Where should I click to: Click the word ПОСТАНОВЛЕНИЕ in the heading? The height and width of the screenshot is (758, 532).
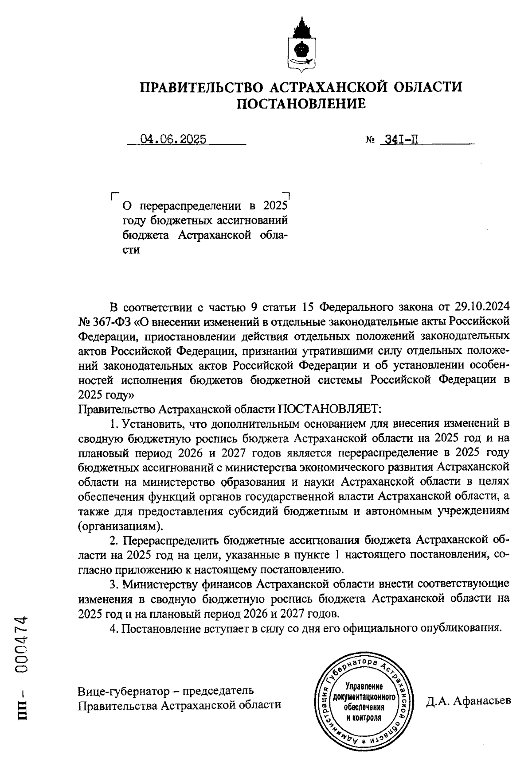point(301,104)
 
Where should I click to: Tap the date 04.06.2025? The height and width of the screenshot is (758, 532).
point(173,140)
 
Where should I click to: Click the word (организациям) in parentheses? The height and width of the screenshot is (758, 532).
point(120,526)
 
